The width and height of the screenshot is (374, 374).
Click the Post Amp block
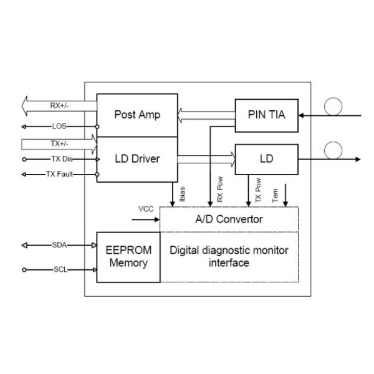click(137, 115)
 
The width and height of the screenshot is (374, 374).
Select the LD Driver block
click(137, 159)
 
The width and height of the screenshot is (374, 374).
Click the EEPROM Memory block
click(128, 256)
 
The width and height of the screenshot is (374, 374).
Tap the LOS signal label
click(59, 126)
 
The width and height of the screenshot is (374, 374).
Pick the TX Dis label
click(59, 159)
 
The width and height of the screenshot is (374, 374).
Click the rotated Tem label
click(276, 194)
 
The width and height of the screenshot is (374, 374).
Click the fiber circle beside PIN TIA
click(333, 107)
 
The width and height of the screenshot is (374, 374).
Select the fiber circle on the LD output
click(333, 150)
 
